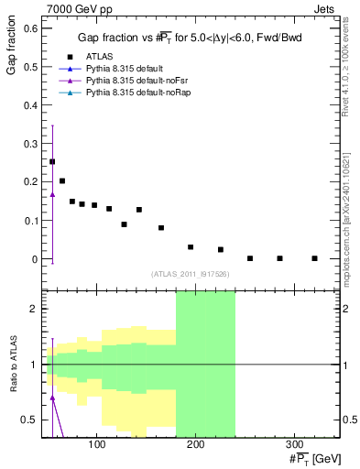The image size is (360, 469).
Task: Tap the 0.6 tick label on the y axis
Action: click(29, 28)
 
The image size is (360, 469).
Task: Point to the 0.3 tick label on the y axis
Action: click(29, 144)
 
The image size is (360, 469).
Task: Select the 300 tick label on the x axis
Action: click(295, 446)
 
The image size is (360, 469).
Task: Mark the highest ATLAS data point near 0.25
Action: click(52, 161)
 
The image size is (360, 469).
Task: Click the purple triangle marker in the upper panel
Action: click(52, 194)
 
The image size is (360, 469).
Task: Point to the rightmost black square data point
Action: click(314, 258)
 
